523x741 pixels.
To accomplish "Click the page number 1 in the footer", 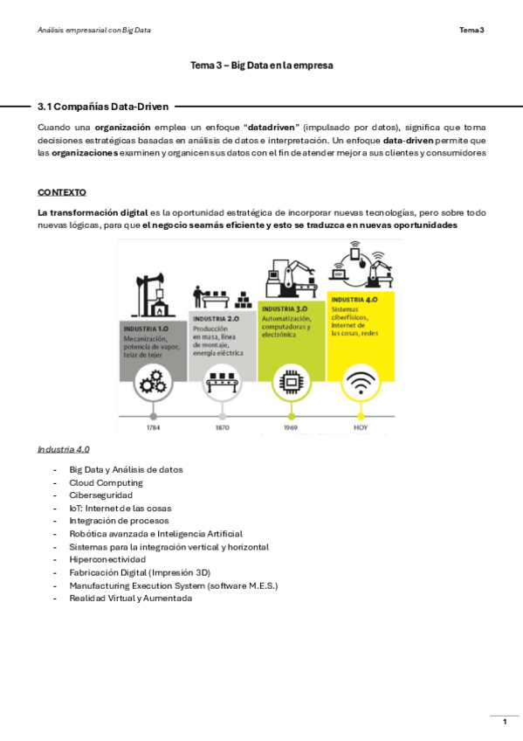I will pyautogui.click(x=504, y=722).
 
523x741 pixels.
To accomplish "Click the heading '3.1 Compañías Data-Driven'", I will pyautogui.click(x=104, y=106).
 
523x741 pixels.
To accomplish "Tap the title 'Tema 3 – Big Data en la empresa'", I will pyautogui.click(x=262, y=66).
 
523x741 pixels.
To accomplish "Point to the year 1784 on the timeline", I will pyautogui.click(x=153, y=428).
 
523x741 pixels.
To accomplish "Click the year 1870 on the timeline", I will pyautogui.click(x=222, y=428).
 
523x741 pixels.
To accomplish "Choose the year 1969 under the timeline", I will pyautogui.click(x=291, y=428).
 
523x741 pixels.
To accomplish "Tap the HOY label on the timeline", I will pyautogui.click(x=360, y=428).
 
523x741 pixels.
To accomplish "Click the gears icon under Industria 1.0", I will pyautogui.click(x=153, y=382).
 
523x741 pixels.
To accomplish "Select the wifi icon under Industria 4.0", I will pyautogui.click(x=360, y=382).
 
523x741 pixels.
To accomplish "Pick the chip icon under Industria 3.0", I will pyautogui.click(x=291, y=382).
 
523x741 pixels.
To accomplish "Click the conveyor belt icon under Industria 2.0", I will pyautogui.click(x=222, y=382).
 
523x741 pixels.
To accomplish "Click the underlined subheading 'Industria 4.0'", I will pyautogui.click(x=63, y=449).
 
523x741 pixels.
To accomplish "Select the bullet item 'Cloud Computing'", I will pyautogui.click(x=106, y=482).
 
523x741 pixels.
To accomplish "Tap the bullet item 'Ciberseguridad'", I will pyautogui.click(x=100, y=495).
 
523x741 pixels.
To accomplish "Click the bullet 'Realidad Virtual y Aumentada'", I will pyautogui.click(x=130, y=599).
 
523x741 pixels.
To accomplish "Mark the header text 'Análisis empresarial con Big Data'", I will pyautogui.click(x=94, y=31).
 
